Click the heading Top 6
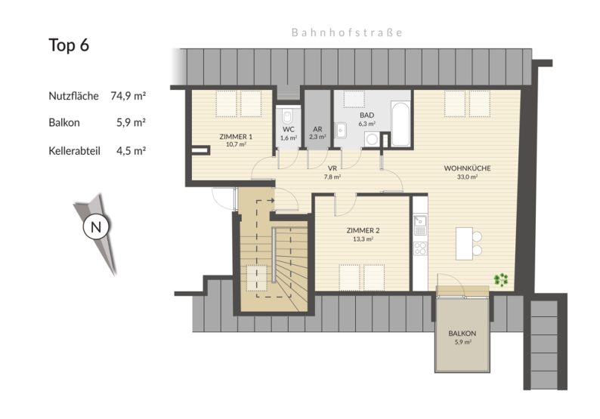click(x=70, y=45)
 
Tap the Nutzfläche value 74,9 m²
click(x=128, y=96)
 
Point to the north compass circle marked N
click(x=95, y=226)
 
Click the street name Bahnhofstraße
click(x=347, y=33)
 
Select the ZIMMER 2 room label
click(x=362, y=231)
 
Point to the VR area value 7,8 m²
click(x=332, y=177)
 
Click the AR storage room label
click(x=317, y=128)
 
